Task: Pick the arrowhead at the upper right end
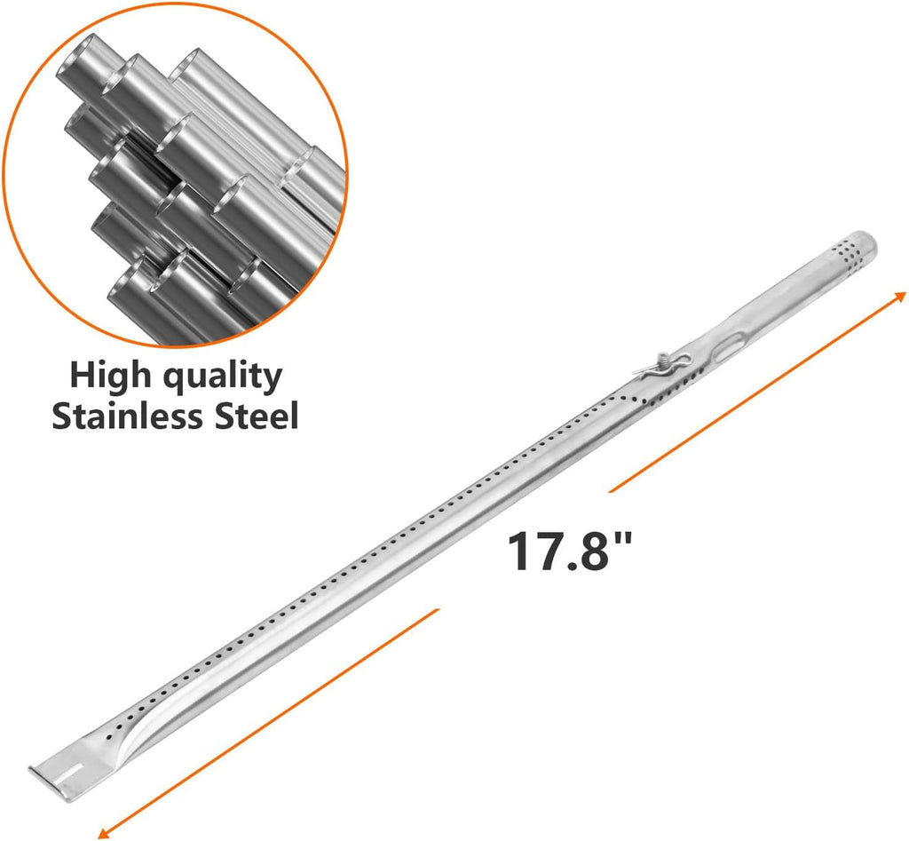[900, 296]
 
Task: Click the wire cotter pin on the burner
[654, 364]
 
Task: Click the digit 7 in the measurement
[556, 551]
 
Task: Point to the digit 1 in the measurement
[521, 551]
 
